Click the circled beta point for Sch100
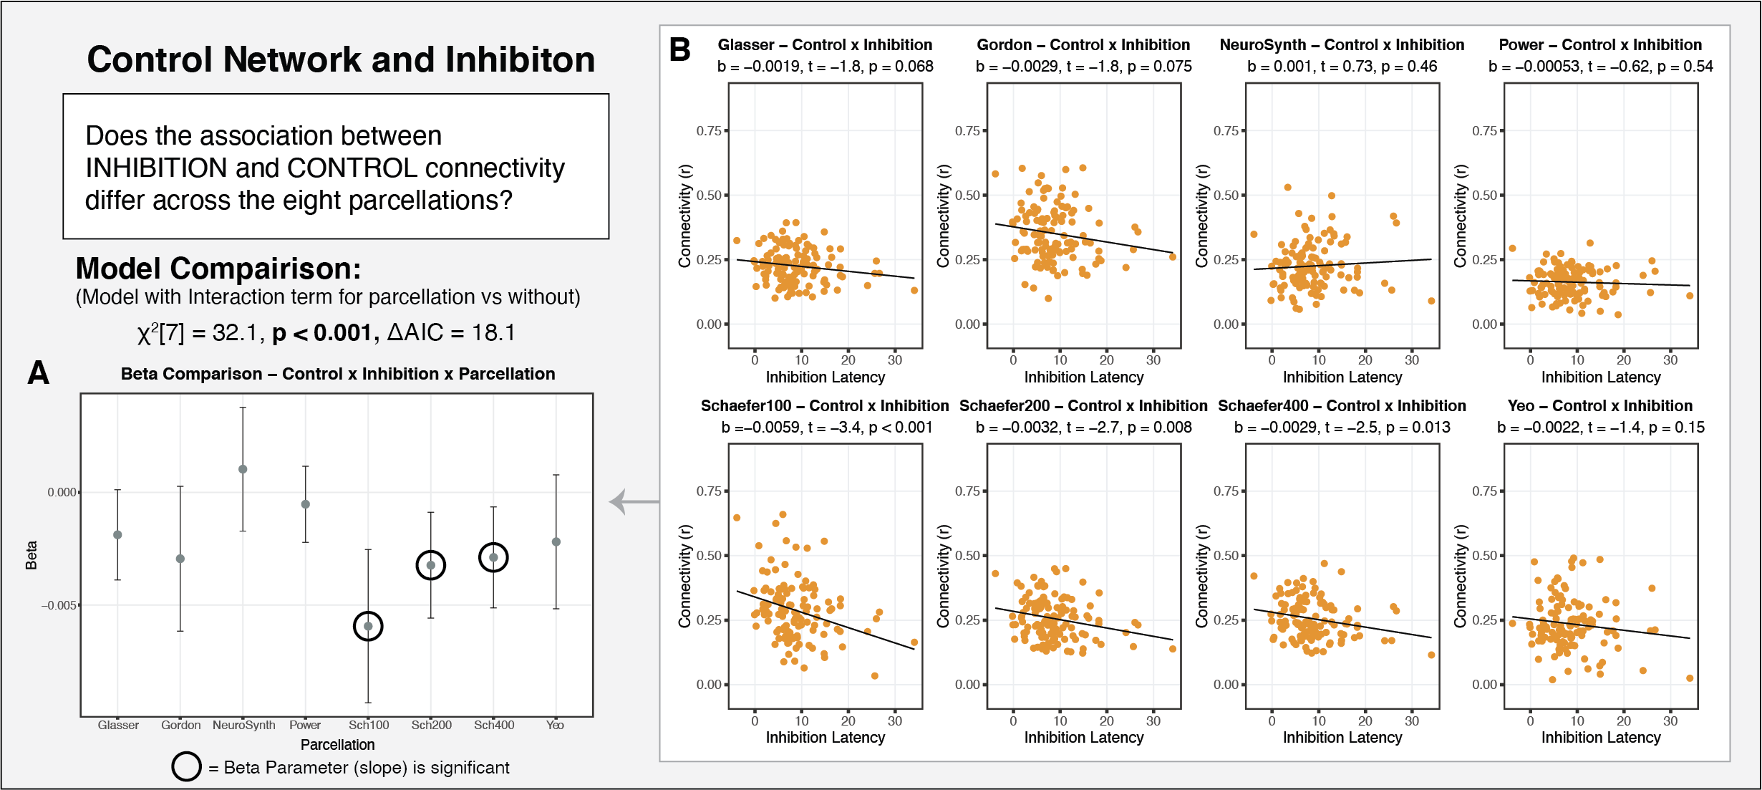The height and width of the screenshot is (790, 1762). (368, 626)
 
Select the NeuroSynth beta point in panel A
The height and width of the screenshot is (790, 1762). (243, 469)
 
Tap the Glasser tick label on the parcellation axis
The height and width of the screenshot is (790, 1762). (118, 725)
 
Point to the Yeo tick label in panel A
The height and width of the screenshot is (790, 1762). (555, 725)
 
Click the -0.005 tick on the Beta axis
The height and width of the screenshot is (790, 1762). (59, 605)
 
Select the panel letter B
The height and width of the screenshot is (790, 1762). (679, 49)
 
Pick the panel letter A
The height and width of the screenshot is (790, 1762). (38, 372)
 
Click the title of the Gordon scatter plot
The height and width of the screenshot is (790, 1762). (1083, 45)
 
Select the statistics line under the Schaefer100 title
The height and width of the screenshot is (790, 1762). (826, 428)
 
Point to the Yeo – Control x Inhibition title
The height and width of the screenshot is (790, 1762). (1600, 406)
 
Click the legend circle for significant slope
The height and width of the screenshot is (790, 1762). (186, 766)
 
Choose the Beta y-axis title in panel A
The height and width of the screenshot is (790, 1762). (32, 555)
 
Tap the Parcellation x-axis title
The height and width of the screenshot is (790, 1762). (337, 745)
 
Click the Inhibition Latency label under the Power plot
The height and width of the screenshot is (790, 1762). (1601, 377)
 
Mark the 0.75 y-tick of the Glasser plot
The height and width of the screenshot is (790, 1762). (709, 131)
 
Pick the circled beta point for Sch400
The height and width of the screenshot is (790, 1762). (493, 557)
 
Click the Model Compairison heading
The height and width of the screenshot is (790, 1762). (218, 269)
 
